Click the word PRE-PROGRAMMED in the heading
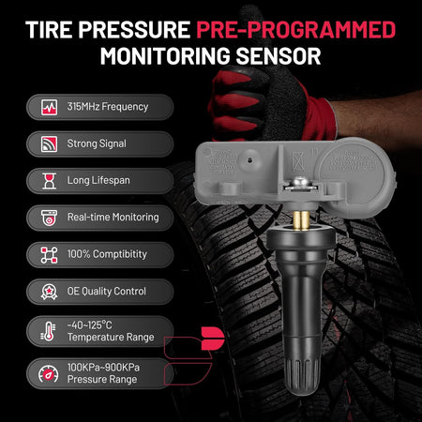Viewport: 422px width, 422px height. [295, 30]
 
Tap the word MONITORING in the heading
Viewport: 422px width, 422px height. [165, 56]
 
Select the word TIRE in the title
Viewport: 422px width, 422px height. [49, 30]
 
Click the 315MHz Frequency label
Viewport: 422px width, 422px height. [108, 107]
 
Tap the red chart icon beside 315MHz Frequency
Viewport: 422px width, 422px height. [49, 107]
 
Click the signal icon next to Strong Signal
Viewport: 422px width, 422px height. [49, 143]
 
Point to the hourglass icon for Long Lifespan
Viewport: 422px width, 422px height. [49, 181]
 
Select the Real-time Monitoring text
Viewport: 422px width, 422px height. [113, 218]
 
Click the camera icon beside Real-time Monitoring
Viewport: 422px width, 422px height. [49, 218]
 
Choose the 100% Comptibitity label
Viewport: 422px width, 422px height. [107, 254]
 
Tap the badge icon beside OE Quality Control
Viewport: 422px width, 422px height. [49, 292]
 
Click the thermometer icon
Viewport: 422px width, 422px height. [48, 331]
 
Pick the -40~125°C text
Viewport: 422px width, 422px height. [90, 325]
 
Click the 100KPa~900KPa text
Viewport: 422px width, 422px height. [103, 368]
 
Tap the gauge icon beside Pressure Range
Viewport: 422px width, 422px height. [49, 374]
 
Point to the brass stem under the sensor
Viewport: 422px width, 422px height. [302, 220]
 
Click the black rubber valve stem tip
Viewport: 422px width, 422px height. [303, 377]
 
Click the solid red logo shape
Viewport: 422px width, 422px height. [213, 339]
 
